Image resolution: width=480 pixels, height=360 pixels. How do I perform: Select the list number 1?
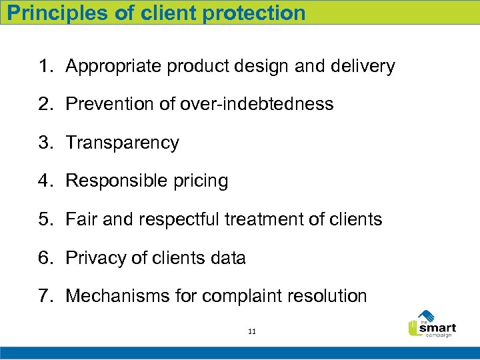45,67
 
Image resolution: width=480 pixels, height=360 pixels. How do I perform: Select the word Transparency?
123,143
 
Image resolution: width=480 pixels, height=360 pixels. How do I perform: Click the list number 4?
45,181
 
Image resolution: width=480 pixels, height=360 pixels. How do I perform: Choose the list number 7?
45,296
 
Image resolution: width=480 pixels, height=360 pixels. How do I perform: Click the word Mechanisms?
119,296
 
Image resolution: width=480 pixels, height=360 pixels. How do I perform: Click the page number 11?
251,331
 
